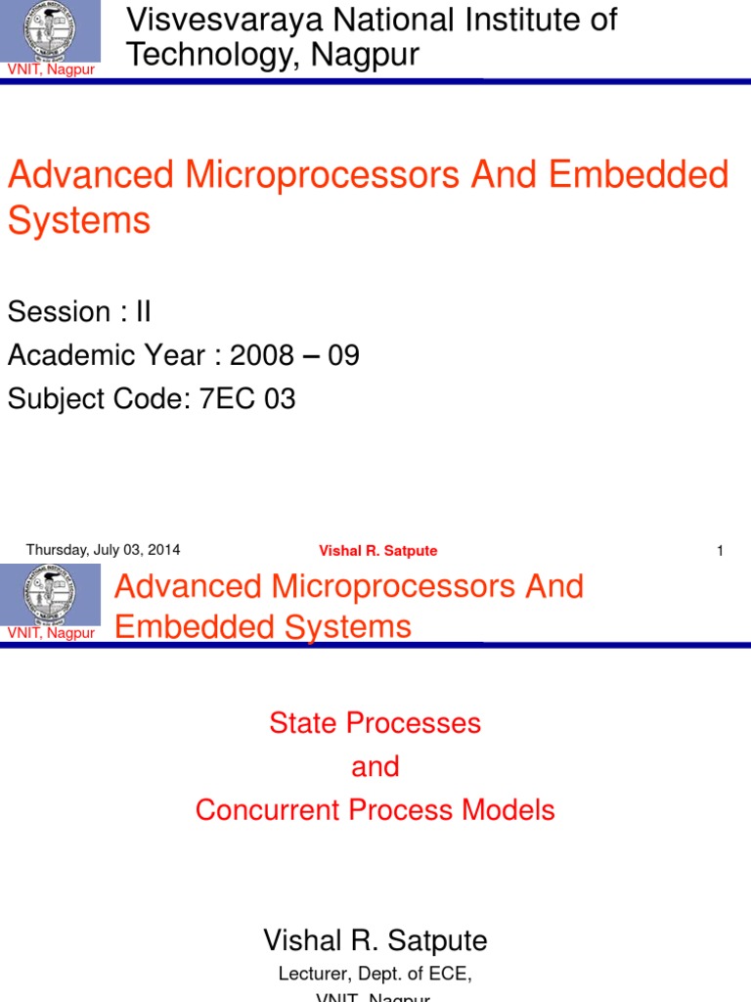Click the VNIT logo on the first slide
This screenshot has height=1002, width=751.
click(x=50, y=30)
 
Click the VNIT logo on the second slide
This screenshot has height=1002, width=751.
click(x=50, y=595)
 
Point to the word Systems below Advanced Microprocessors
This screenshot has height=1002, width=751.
click(x=79, y=220)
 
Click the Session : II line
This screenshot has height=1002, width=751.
click(x=79, y=312)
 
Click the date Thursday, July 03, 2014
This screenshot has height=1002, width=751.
click(x=103, y=550)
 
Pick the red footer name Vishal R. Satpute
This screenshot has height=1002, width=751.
click(x=377, y=551)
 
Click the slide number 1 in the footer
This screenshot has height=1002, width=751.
click(x=720, y=551)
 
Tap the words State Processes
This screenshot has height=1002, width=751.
click(x=375, y=723)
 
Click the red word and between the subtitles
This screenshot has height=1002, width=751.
click(x=375, y=766)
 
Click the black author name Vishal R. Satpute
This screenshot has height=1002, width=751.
click(x=375, y=940)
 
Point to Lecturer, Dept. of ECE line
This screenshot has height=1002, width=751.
click(x=375, y=973)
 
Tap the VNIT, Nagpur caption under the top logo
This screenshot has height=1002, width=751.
click(x=51, y=69)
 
